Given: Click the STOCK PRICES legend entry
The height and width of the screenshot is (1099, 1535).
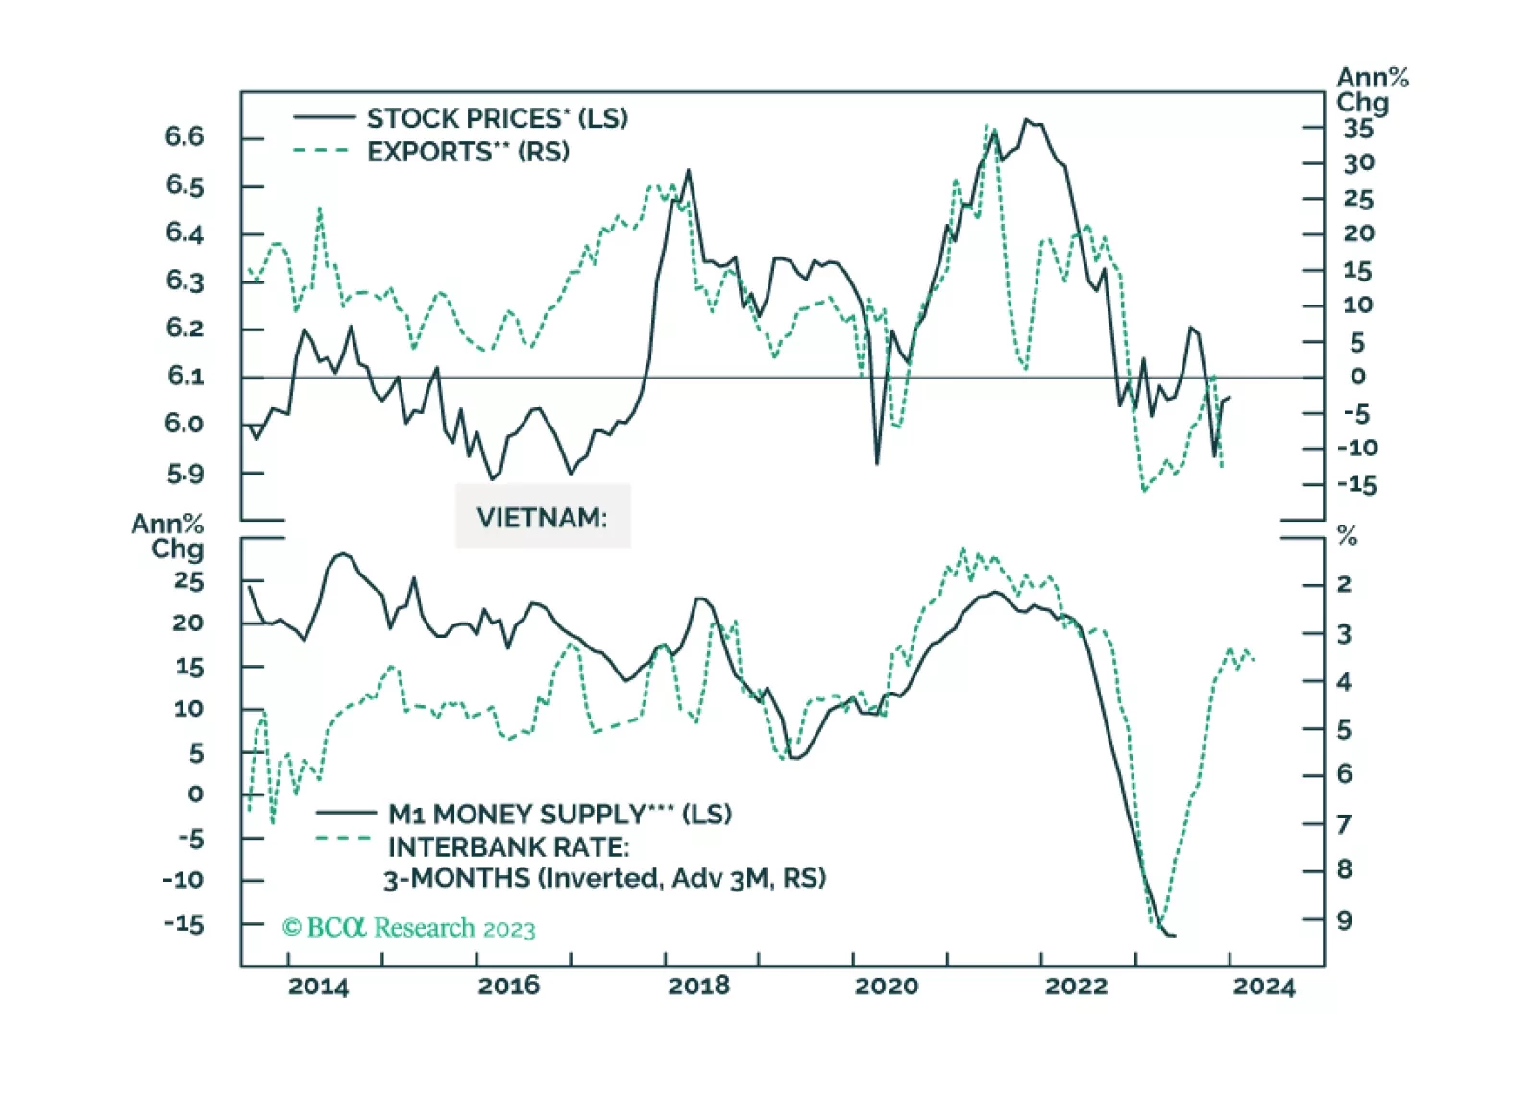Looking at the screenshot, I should [497, 118].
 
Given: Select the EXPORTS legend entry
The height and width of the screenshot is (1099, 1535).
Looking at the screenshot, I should [468, 152].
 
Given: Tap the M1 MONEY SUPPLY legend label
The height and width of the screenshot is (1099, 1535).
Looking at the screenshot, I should [559, 814].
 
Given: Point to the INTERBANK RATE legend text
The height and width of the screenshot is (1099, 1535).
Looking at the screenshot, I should [508, 847].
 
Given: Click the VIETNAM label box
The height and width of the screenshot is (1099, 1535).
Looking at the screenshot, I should [542, 518].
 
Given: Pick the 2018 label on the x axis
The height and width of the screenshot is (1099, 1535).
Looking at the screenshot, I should [698, 987].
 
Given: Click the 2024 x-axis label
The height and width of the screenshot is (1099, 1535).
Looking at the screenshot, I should [1263, 987].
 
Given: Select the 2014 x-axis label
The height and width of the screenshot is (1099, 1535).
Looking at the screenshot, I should [318, 987].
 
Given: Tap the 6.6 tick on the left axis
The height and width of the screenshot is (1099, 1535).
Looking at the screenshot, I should [184, 136].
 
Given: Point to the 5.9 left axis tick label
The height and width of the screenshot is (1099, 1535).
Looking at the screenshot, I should [184, 473].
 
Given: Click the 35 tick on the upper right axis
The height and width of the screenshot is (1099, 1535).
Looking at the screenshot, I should [1358, 129].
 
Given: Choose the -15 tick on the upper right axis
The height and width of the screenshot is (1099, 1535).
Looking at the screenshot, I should [1356, 485].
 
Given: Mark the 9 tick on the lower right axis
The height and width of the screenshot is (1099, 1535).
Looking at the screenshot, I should [1344, 920].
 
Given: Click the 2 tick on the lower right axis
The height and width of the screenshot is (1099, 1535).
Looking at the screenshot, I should [1344, 583].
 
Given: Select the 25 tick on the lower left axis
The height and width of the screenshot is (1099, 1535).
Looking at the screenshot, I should [188, 581].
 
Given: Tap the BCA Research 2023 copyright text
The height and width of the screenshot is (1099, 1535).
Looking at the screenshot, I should [408, 928].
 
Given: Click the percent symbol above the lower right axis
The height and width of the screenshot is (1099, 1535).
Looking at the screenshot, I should [1347, 537].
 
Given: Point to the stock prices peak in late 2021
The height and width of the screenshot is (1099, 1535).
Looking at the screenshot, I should [1026, 120].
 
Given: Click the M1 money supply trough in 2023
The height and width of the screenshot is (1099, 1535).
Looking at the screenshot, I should [1169, 935].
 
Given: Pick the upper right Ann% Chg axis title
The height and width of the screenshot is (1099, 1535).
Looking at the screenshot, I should [1371, 89].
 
